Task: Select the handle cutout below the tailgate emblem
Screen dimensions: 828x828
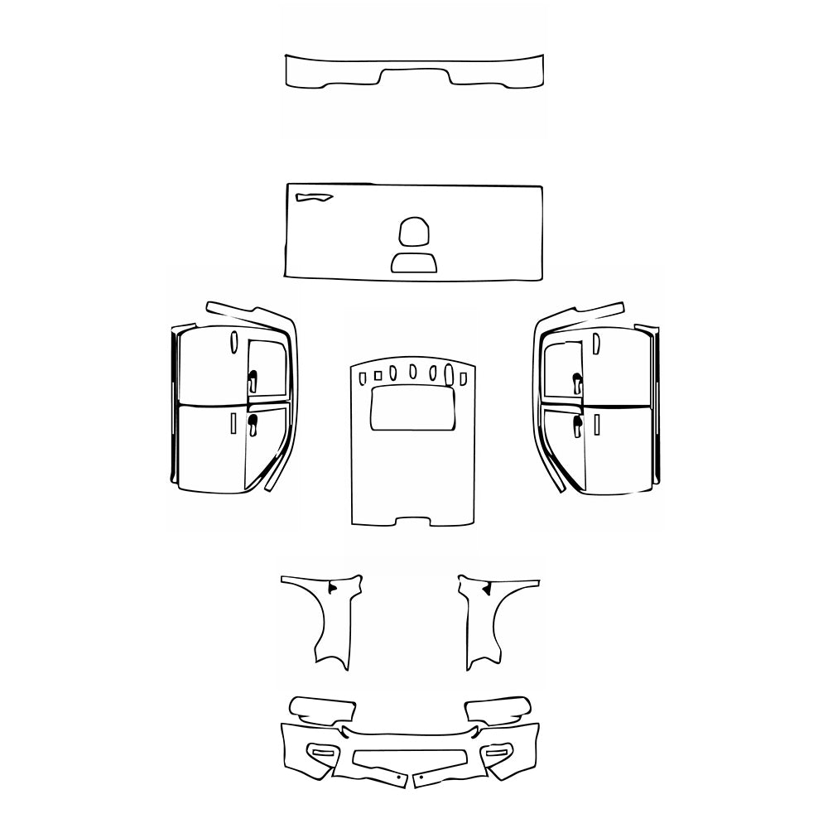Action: [x=414, y=263]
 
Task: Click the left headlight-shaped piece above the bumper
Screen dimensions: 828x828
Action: [x=323, y=710]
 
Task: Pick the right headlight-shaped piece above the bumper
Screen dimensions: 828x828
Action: [x=498, y=710]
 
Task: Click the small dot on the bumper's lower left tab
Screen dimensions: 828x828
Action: [x=398, y=779]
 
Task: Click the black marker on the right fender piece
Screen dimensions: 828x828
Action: [x=487, y=588]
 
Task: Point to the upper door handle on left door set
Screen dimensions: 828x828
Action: [x=252, y=380]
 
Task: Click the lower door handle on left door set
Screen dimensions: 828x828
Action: [x=252, y=425]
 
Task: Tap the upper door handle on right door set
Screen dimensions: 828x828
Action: [x=576, y=382]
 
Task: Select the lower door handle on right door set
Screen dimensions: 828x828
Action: [x=576, y=425]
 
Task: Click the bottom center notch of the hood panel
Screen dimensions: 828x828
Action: [x=414, y=521]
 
